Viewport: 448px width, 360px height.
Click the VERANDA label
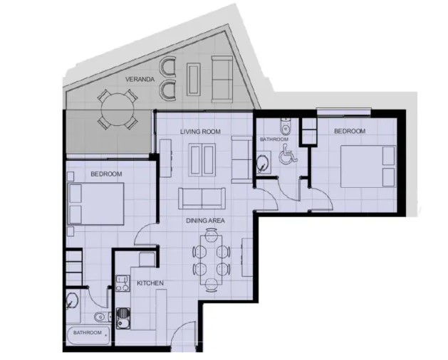pyautogui.click(x=140, y=78)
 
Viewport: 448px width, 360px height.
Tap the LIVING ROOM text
pyautogui.click(x=200, y=132)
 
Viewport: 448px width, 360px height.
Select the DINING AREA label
pyautogui.click(x=205, y=221)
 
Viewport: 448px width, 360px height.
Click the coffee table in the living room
pyautogui.click(x=203, y=158)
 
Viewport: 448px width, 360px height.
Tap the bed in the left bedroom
pyautogui.click(x=96, y=203)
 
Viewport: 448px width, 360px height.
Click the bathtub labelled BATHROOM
pyautogui.click(x=88, y=333)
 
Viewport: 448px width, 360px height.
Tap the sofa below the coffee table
pyautogui.click(x=202, y=197)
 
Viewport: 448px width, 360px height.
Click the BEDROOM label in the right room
pyautogui.click(x=350, y=132)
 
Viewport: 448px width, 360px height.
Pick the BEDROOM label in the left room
pyautogui.click(x=106, y=174)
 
